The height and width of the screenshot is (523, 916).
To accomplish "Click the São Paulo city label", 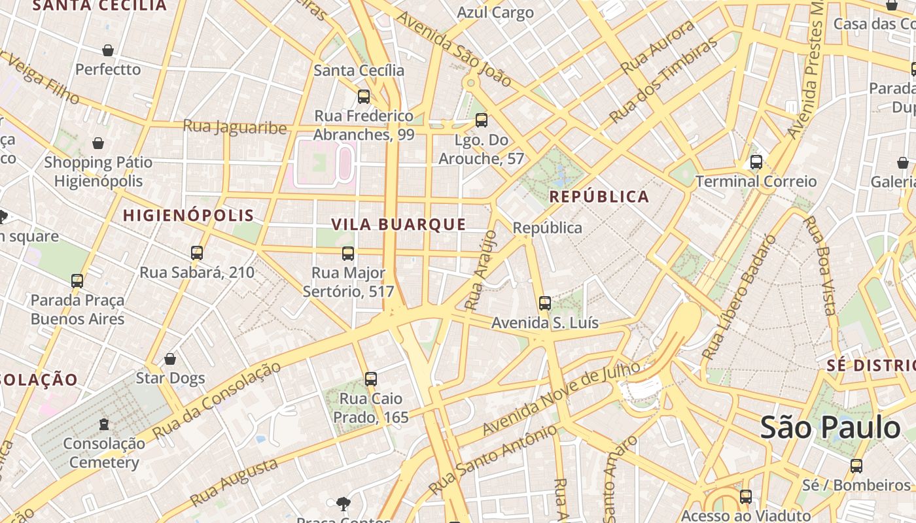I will point(830,428).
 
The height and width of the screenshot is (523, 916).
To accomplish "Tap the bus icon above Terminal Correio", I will point(756,161).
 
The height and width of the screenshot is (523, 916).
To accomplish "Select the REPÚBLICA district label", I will point(599,197).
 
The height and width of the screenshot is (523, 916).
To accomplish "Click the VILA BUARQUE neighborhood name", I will point(398,224).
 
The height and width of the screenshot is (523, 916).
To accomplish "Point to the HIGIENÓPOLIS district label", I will point(188,215).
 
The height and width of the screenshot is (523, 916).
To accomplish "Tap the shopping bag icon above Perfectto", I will point(108,50).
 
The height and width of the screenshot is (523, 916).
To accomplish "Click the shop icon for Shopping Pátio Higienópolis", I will point(98,143).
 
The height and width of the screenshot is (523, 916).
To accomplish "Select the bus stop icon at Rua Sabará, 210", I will point(197,253).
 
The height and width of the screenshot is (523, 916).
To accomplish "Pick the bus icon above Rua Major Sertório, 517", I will point(348,253).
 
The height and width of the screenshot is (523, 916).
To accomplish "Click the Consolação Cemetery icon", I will point(104,424).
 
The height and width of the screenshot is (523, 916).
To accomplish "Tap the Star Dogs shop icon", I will point(170,359).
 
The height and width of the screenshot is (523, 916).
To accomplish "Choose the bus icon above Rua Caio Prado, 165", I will point(371,379).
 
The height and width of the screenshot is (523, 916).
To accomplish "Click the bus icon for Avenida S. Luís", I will point(545,303).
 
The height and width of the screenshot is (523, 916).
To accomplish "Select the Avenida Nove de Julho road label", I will point(561,399).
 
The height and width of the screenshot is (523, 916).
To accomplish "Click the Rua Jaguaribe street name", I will point(234,126).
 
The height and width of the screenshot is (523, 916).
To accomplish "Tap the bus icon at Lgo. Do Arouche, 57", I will point(482,120).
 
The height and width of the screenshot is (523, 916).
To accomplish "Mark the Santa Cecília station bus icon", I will point(364,97).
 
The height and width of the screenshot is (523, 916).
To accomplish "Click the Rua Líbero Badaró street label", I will point(739,297).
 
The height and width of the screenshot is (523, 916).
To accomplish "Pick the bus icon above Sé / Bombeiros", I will point(856,466).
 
